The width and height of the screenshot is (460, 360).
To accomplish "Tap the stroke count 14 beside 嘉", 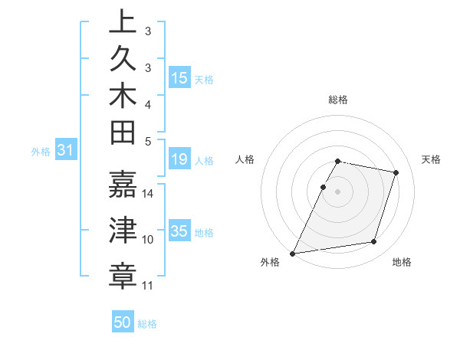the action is pos(148,193).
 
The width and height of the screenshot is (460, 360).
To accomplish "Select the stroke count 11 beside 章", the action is pos(148,286).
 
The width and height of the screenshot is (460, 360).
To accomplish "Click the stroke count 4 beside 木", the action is pos(148,103).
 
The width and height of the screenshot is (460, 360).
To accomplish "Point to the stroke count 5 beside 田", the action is pos(148,140).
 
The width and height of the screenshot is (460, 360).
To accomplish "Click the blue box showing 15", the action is pos(179,78).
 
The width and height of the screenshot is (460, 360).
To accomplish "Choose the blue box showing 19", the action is pos(179,159).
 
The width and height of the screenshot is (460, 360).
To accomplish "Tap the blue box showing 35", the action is pos(179,231).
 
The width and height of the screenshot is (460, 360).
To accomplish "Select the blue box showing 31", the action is pos(65,151).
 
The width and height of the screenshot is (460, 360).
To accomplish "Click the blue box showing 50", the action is pos(123,322).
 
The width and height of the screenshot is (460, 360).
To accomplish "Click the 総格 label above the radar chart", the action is pos(338,100).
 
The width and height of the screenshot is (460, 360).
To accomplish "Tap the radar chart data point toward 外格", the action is pos(293,254).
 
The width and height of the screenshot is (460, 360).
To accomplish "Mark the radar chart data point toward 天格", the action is pos(396,173).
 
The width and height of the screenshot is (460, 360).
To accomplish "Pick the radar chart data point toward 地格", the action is pos(374,242).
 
